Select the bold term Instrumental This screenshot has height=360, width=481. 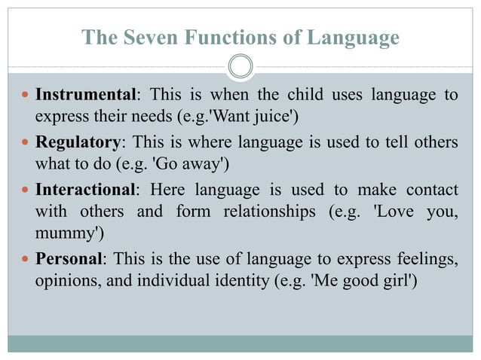[x=85, y=96]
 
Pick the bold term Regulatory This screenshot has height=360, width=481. [x=78, y=142]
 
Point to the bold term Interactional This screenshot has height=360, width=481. [x=85, y=188]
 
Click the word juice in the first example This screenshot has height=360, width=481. [x=279, y=118]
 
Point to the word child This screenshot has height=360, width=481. [x=290, y=96]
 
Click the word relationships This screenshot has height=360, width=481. [x=270, y=211]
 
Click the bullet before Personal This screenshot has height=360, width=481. [x=25, y=258]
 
